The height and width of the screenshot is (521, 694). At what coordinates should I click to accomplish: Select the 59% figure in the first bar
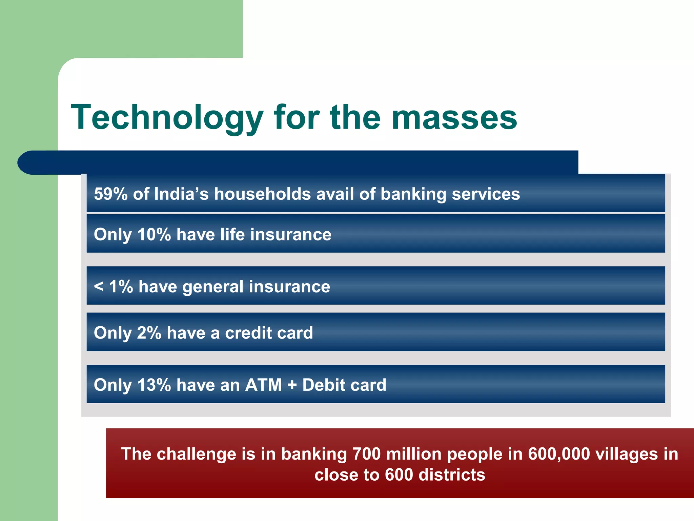click(x=110, y=194)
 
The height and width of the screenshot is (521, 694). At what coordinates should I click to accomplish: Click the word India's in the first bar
click(x=181, y=194)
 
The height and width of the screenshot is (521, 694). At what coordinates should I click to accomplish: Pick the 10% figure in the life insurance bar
click(x=154, y=234)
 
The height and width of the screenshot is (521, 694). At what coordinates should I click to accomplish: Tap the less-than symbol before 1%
click(x=99, y=287)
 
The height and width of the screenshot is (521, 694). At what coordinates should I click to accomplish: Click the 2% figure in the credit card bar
click(x=149, y=333)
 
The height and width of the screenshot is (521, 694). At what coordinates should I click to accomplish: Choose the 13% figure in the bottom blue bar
click(x=154, y=385)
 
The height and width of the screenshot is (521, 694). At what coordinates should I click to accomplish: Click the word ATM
click(x=263, y=385)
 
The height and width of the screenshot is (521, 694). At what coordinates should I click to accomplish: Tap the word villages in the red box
click(x=627, y=454)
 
